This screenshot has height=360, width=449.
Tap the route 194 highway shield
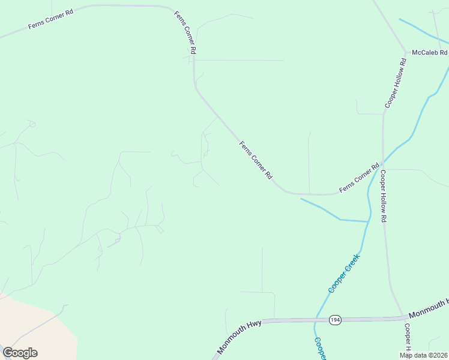pyautogui.click(x=335, y=320)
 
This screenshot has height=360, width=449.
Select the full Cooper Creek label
pyautogui.click(x=343, y=274)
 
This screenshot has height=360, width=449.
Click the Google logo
pyautogui.click(x=20, y=353)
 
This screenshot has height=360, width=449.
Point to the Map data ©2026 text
pyautogui.click(x=424, y=355)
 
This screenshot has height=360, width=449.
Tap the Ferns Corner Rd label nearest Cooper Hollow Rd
pyautogui.click(x=360, y=178)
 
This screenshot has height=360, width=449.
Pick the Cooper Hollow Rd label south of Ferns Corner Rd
pyautogui.click(x=383, y=196)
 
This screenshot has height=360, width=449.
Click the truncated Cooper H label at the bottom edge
pyautogui.click(x=407, y=338)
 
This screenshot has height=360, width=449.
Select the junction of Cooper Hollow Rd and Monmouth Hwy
pyautogui.click(x=403, y=317)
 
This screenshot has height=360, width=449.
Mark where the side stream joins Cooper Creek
pyautogui.click(x=367, y=221)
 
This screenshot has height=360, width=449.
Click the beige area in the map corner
pyautogui.click(x=30, y=324)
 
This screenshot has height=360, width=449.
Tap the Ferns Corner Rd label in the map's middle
pyautogui.click(x=256, y=160)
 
